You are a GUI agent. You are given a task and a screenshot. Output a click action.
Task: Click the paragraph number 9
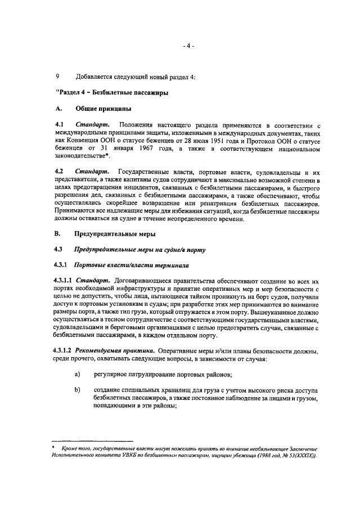[57, 76]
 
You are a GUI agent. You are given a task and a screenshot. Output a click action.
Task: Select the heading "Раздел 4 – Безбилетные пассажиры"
[112, 92]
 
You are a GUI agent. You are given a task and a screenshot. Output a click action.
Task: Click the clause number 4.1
[59, 124]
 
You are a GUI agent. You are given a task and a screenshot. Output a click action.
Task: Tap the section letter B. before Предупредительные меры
[58, 233]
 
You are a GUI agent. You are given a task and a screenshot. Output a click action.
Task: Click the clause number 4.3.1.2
[63, 351]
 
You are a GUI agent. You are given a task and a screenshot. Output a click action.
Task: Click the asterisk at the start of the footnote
[53, 448]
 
